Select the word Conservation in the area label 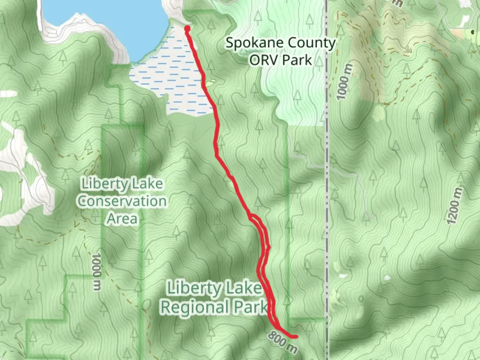(x=122, y=201)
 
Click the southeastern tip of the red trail (x=295, y=337)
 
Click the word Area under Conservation (x=122, y=219)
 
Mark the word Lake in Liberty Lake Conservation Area (x=147, y=184)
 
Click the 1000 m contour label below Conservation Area (x=96, y=271)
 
